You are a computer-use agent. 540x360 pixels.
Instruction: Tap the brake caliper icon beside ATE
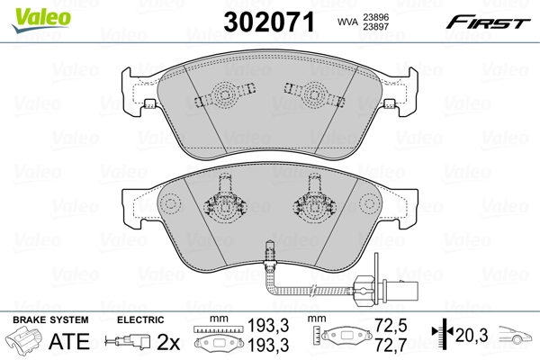pyautogui.click(x=26, y=342)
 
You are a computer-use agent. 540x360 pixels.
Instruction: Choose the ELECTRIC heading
pyautogui.click(x=139, y=320)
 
